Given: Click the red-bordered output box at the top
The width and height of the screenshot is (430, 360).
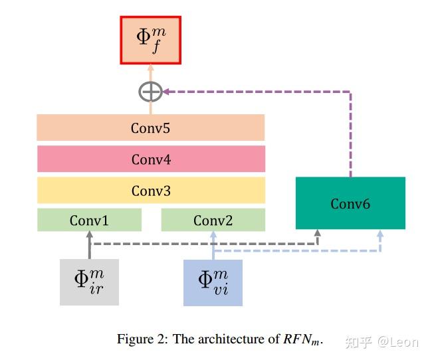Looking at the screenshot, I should [x=150, y=39].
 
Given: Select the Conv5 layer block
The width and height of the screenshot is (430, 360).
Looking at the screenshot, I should [x=150, y=128].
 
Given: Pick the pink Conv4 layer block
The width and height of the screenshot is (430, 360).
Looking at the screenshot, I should [x=150, y=159].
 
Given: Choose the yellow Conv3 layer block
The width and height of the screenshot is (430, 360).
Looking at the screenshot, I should [x=150, y=191].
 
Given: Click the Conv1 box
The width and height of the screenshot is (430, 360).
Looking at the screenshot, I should [x=89, y=220].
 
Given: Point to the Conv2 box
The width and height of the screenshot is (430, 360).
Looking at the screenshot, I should [x=213, y=220].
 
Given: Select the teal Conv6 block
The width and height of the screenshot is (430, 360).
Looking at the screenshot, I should [x=350, y=203].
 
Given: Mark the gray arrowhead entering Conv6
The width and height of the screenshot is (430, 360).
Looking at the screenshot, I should [x=317, y=234].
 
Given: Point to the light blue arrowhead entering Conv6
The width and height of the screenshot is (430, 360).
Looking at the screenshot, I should [x=379, y=234].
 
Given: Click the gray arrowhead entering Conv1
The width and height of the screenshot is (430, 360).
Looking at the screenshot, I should [x=89, y=235].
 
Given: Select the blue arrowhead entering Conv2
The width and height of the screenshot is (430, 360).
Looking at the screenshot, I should [x=213, y=235].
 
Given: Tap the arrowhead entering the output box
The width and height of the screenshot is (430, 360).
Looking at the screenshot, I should [x=150, y=68].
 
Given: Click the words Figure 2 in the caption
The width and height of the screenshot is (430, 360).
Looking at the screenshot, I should [x=142, y=339].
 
